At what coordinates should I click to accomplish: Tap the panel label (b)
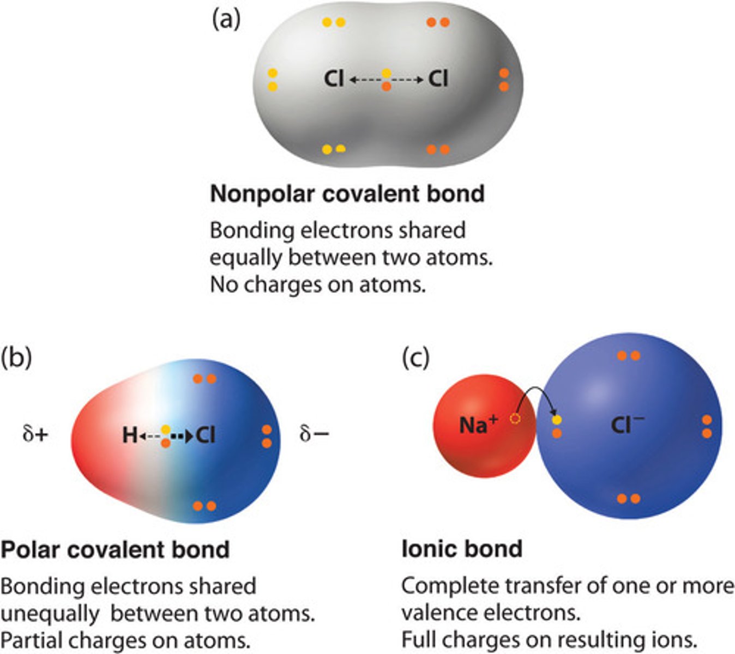pos(16,358)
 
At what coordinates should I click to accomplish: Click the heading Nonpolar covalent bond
pos(347,193)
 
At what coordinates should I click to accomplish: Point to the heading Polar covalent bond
pos(115,549)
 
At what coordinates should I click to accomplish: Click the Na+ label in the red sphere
pos(479,425)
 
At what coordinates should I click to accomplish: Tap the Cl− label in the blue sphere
pos(628,425)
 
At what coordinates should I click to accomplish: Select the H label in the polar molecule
pos(130,435)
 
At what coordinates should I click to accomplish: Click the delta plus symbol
pos(35,434)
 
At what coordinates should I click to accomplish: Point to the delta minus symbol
pos(315,434)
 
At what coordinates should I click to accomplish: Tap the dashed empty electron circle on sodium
pos(515,419)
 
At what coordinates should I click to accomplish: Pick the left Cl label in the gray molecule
pos(334,78)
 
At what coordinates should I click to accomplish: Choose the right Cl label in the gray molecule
pos(438,78)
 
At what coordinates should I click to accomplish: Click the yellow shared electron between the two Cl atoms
pos(387,73)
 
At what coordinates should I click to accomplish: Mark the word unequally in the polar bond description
pos(50,614)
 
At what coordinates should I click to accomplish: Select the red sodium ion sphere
pos(484,426)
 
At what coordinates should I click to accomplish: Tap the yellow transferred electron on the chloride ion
pos(557,420)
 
